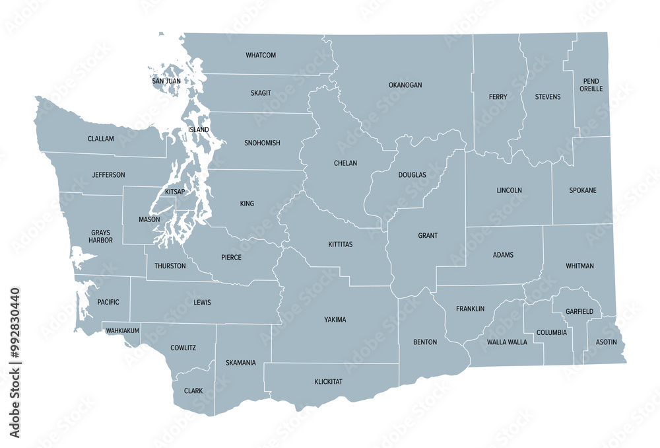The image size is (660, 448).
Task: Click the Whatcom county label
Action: [x=261, y=55]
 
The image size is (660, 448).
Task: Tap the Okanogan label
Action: [x=405, y=85]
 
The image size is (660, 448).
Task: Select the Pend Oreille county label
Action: [x=591, y=85]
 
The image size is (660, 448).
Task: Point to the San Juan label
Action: [x=166, y=81]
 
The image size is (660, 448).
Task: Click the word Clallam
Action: [x=100, y=139]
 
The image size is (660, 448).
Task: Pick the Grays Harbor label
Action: [x=100, y=237]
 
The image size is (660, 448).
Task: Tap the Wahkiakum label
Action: [x=122, y=330]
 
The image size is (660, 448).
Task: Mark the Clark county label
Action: [x=193, y=391]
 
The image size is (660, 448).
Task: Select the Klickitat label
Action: [x=329, y=382]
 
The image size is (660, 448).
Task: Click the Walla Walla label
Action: [x=507, y=342]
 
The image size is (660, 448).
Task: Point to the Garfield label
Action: [x=579, y=311]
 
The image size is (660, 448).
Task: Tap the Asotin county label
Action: [x=607, y=342]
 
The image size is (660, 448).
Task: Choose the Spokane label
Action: [x=583, y=190]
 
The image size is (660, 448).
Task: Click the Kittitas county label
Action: [x=341, y=244]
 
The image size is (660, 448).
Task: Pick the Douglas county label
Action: [x=412, y=175]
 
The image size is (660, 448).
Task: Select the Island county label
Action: [x=198, y=130]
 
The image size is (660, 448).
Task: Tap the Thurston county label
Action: [x=170, y=266]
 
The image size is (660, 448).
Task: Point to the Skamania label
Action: [x=240, y=363]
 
